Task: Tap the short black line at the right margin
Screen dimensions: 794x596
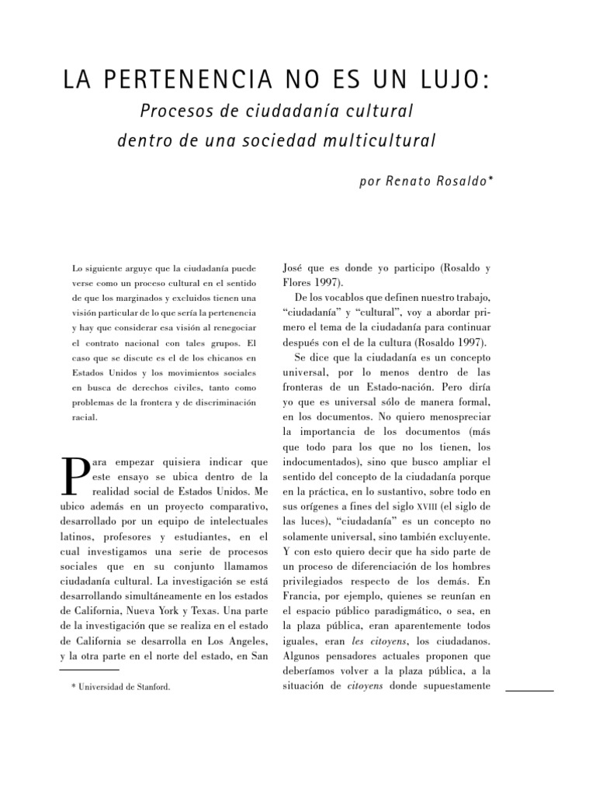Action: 529,689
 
